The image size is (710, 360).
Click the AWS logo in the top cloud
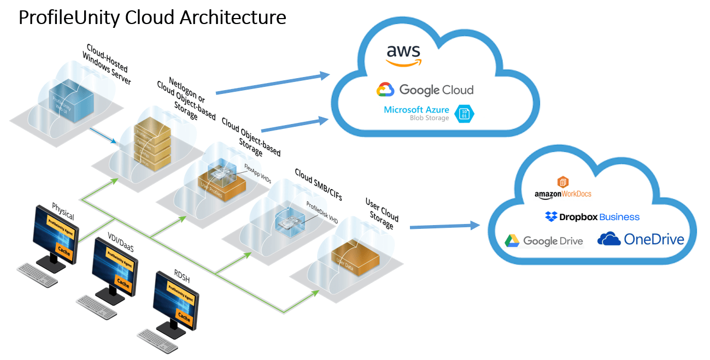pyautogui.click(x=403, y=55)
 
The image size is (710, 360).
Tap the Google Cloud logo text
pyautogui.click(x=425, y=90)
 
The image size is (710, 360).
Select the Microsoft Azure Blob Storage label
pyautogui.click(x=416, y=113)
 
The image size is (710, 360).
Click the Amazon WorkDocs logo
pyautogui.click(x=563, y=188)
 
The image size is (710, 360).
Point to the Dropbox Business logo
pyautogui.click(x=592, y=217)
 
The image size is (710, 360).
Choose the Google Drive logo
pyautogui.click(x=543, y=240)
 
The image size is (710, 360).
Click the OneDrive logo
pyautogui.click(x=641, y=239)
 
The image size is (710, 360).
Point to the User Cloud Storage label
pyautogui.click(x=381, y=213)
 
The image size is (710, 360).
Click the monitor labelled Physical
pyautogui.click(x=56, y=232)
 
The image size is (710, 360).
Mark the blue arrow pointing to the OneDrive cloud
pyautogui.click(x=444, y=226)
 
